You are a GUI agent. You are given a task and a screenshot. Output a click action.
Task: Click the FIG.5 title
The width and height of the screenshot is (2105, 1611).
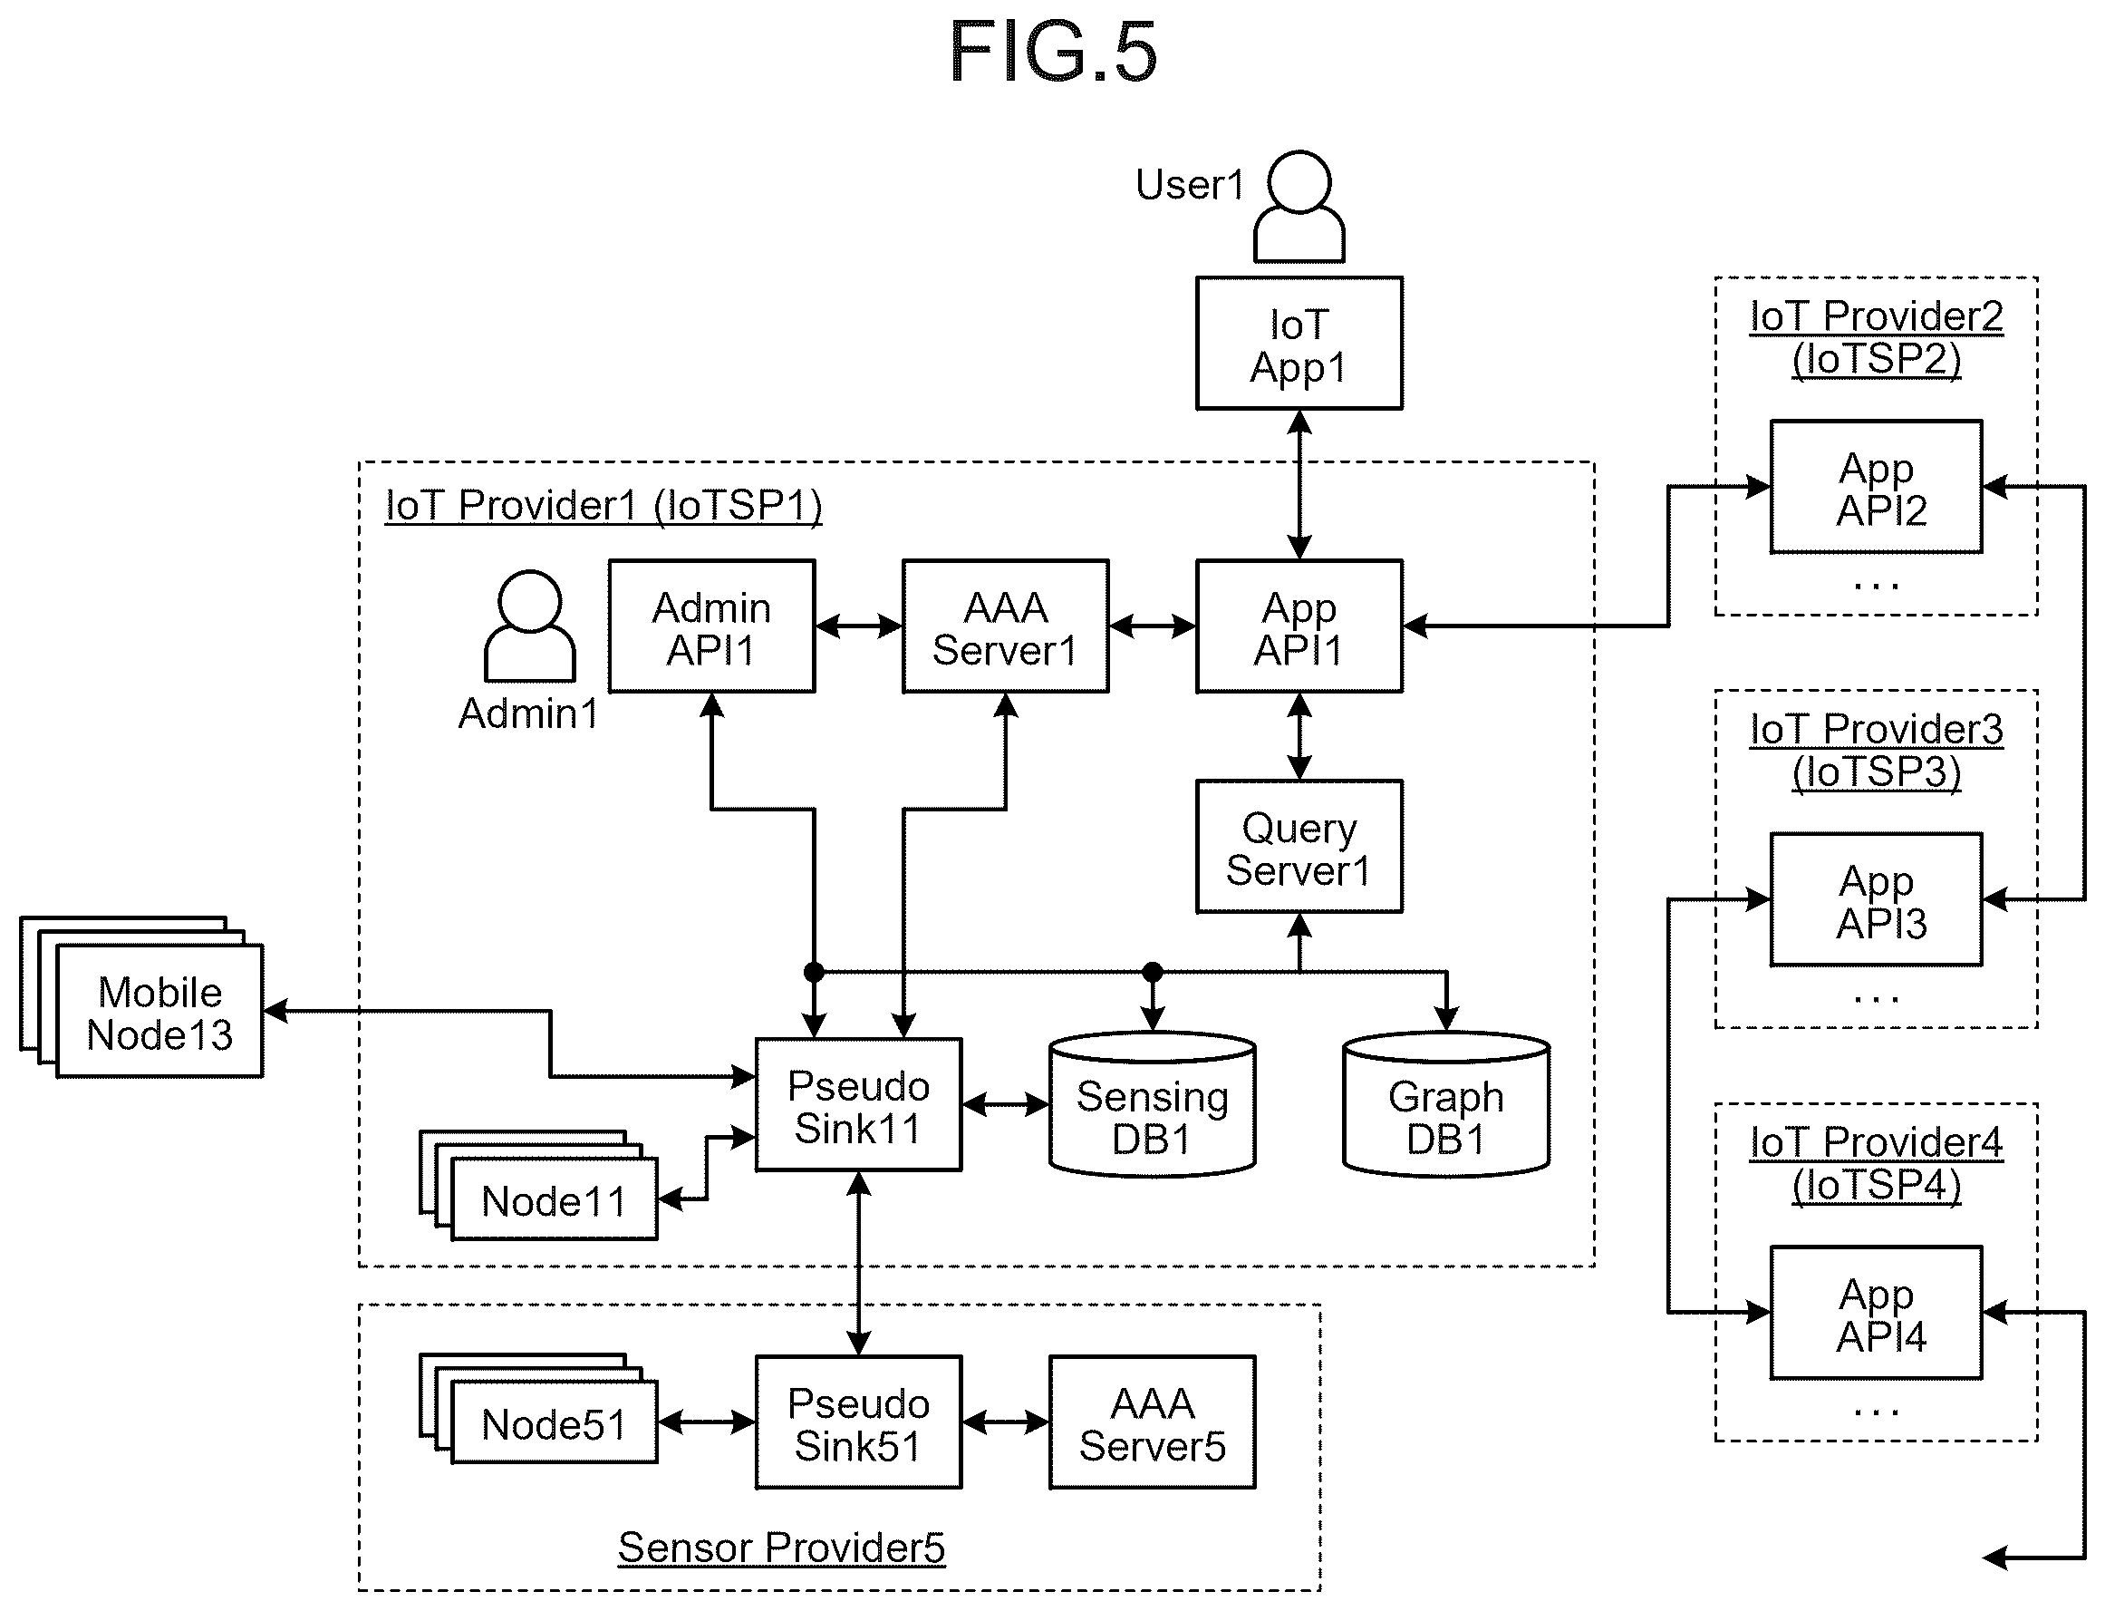coord(1053,52)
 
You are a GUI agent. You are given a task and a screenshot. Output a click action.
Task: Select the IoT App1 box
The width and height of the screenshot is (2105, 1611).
coord(1299,344)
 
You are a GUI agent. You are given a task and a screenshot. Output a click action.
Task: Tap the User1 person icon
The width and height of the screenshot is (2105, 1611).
coord(1299,206)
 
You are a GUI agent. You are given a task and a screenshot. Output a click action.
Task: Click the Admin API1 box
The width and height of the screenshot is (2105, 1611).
coord(711,626)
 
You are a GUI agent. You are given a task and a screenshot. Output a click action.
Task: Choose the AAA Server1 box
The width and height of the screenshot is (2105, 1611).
coord(1006,626)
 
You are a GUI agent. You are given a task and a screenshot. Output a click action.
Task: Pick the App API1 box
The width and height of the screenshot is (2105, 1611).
coord(1299,626)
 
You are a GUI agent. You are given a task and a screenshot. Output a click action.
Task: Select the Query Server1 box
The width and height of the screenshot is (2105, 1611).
coord(1299,847)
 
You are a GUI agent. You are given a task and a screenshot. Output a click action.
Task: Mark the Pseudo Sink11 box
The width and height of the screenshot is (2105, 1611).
coord(858,1105)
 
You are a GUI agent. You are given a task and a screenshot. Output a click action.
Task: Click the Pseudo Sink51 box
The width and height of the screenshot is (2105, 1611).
coord(858,1422)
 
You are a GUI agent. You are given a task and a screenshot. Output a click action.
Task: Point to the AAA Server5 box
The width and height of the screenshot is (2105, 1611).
coord(1153,1422)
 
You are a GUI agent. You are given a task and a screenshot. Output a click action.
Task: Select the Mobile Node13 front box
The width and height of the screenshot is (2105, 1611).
coord(159,1012)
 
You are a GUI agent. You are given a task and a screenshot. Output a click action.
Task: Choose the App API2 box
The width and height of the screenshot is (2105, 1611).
coord(1876,487)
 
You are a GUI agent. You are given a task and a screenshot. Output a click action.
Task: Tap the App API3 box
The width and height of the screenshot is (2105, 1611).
coord(1876,899)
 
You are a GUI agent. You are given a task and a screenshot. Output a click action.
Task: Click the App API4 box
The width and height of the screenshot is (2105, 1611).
coord(1876,1313)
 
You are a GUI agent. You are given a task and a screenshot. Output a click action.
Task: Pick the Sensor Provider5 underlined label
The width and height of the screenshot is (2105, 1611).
coord(781,1548)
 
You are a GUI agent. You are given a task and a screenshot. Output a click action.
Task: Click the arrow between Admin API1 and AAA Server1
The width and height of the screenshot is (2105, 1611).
coord(859,626)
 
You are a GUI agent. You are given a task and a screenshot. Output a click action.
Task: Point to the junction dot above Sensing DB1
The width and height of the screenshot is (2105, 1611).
coord(1153,973)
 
